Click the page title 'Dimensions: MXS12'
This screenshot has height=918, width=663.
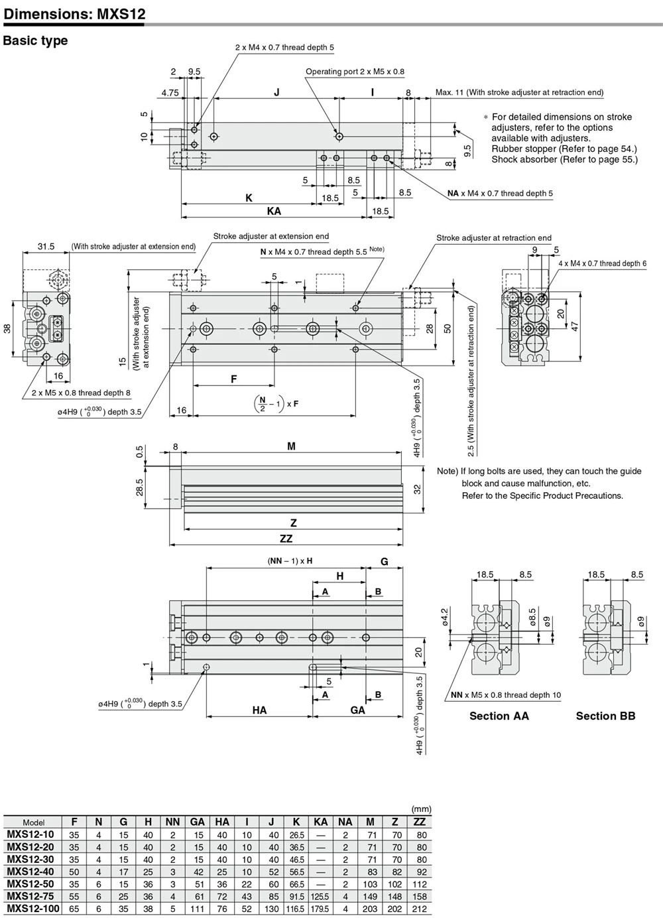(x=74, y=14)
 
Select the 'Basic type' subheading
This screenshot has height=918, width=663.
(x=35, y=40)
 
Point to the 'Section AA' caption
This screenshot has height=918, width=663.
(x=499, y=716)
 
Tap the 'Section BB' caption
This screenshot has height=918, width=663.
(x=605, y=716)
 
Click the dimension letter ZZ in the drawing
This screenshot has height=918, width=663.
(x=286, y=539)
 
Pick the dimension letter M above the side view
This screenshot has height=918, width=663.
(x=291, y=446)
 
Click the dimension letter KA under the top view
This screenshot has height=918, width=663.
(x=274, y=211)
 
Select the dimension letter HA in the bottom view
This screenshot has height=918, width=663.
(x=259, y=710)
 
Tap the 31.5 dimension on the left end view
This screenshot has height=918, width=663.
(x=46, y=246)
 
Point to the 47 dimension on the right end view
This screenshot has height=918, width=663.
(x=575, y=326)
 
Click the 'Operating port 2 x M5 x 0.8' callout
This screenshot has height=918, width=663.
(x=355, y=72)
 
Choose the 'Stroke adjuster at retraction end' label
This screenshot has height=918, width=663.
(x=494, y=237)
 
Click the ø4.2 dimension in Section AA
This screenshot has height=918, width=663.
(x=445, y=617)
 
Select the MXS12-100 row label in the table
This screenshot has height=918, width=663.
(x=32, y=907)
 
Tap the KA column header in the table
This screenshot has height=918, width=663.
(x=320, y=822)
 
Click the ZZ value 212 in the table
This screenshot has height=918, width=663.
(x=420, y=908)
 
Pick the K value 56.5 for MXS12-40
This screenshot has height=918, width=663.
(x=296, y=871)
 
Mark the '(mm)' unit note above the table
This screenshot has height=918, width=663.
(x=422, y=809)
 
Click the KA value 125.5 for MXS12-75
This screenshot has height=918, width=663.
(x=320, y=895)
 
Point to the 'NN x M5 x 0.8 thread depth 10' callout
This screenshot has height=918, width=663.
(x=506, y=694)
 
